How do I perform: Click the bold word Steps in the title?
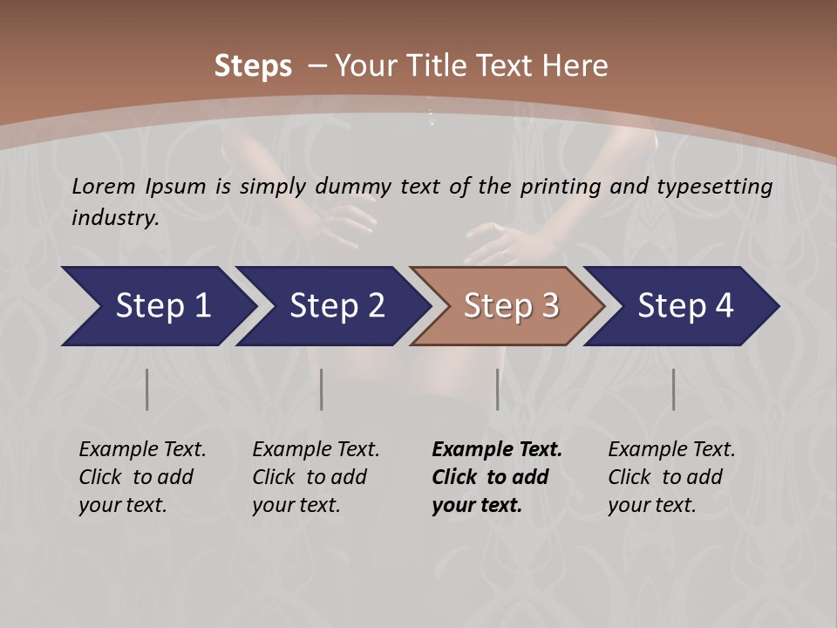pos(253,66)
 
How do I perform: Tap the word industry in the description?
pos(115,218)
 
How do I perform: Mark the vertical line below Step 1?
pos(146,389)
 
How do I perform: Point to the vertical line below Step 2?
pos(322,389)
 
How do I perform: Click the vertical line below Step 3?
pos(497,389)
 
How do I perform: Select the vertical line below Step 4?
pos(673,389)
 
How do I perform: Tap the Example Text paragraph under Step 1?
pos(142,477)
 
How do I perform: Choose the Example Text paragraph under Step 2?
pos(316,477)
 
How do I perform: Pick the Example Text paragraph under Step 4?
pos(671,477)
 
